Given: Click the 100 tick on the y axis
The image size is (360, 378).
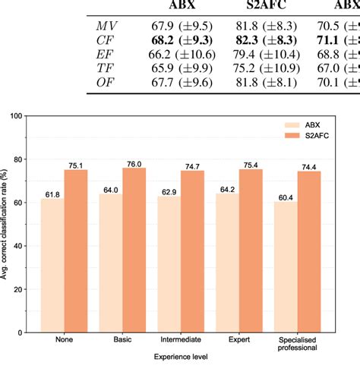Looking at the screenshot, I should (16, 115).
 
